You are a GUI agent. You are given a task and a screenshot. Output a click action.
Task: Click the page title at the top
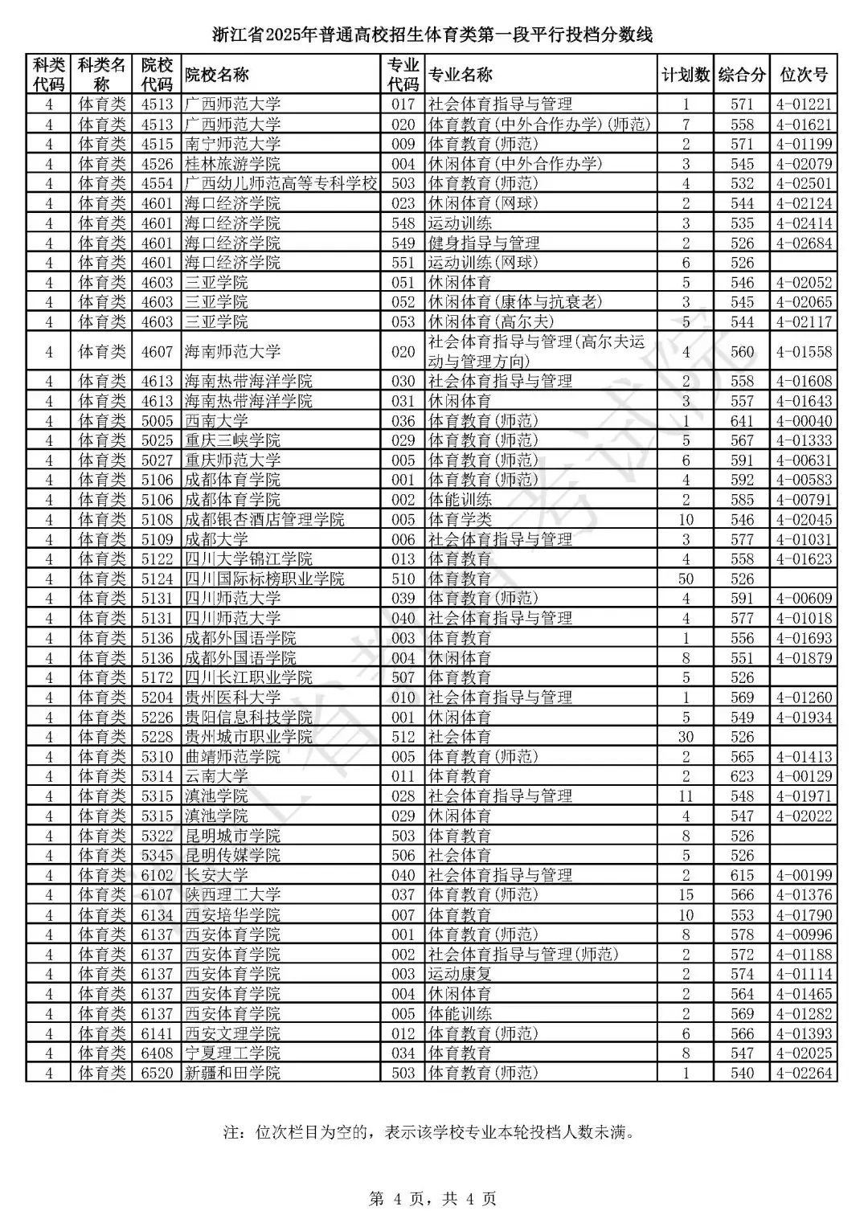[433, 35]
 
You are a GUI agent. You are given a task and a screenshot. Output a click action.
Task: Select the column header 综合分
[742, 75]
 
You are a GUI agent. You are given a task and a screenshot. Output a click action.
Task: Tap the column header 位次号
[804, 75]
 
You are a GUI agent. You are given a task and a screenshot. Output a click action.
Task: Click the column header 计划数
[686, 75]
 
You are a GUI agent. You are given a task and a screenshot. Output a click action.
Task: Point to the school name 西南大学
[217, 421]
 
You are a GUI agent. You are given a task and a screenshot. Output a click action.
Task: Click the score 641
[742, 421]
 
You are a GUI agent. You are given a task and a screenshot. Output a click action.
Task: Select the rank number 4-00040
[804, 421]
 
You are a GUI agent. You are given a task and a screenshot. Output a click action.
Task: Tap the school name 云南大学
[217, 776]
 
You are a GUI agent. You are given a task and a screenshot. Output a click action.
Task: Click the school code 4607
[157, 352]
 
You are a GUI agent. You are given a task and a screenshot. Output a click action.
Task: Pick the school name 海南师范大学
[233, 352]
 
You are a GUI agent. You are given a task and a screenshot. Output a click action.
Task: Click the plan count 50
[686, 579]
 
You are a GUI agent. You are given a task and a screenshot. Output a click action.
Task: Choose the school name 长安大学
[217, 875]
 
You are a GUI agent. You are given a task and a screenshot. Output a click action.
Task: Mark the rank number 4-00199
[804, 875]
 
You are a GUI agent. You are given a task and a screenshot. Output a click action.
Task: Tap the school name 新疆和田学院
[233, 1073]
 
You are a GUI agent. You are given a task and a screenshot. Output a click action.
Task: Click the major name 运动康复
[460, 974]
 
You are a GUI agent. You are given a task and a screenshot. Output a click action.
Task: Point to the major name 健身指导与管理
[484, 243]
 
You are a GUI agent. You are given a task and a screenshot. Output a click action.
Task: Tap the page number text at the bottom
[433, 1199]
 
